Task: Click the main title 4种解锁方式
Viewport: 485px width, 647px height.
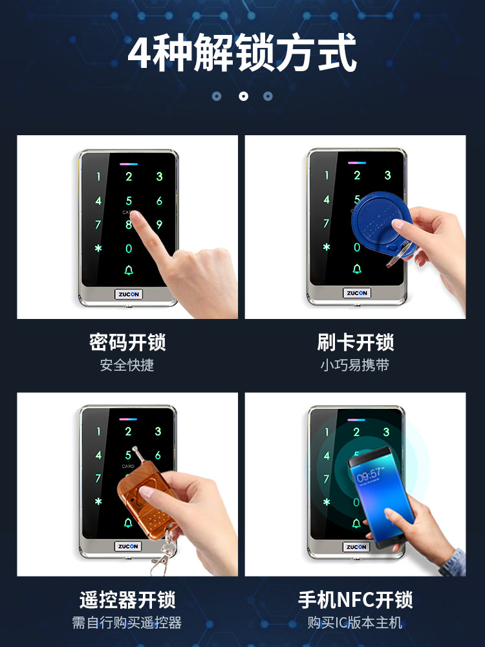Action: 242,54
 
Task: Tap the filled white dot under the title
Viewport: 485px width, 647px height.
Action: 243,96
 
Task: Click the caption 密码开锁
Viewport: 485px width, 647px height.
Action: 127,342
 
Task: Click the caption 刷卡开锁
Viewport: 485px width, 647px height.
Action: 355,342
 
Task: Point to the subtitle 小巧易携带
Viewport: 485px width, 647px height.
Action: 355,365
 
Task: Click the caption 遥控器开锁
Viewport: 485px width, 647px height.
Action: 127,599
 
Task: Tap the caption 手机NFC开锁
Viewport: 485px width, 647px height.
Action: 355,599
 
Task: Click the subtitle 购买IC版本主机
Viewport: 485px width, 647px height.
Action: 355,623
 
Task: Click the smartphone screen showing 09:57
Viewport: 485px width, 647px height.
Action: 378,495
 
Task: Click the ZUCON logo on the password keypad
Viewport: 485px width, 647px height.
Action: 129,294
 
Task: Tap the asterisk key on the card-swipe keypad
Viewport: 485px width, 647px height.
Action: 327,247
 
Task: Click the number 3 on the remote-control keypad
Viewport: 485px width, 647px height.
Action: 158,432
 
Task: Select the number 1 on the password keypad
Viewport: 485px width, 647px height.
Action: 98,177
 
